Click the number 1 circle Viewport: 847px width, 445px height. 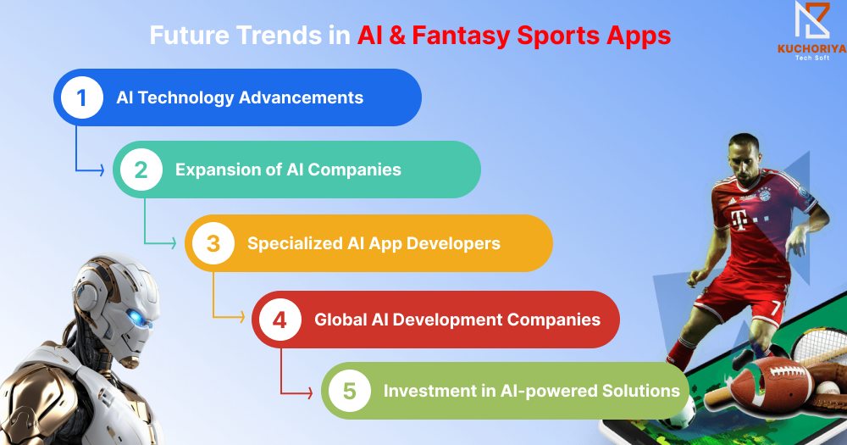click(x=82, y=97)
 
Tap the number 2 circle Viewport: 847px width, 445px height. click(x=141, y=170)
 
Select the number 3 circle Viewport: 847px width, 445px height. click(x=213, y=243)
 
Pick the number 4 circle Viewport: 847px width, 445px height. click(x=280, y=320)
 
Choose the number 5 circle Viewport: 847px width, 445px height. click(x=350, y=391)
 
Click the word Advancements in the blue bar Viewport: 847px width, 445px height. click(x=301, y=97)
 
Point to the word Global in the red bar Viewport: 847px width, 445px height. click(x=340, y=320)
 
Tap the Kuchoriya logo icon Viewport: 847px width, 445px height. click(x=812, y=20)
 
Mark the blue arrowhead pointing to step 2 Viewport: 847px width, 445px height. click(x=102, y=170)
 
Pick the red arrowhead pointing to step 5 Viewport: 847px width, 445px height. click(x=310, y=392)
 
